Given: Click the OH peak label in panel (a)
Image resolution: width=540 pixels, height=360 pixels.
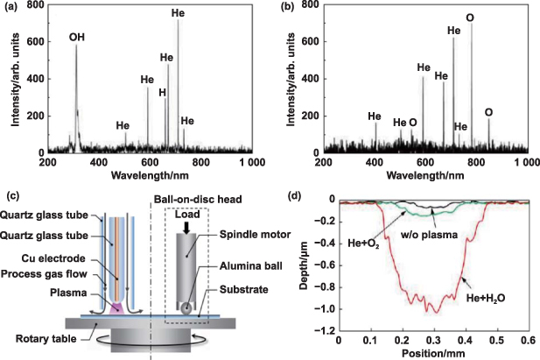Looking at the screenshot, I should (x=77, y=38).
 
